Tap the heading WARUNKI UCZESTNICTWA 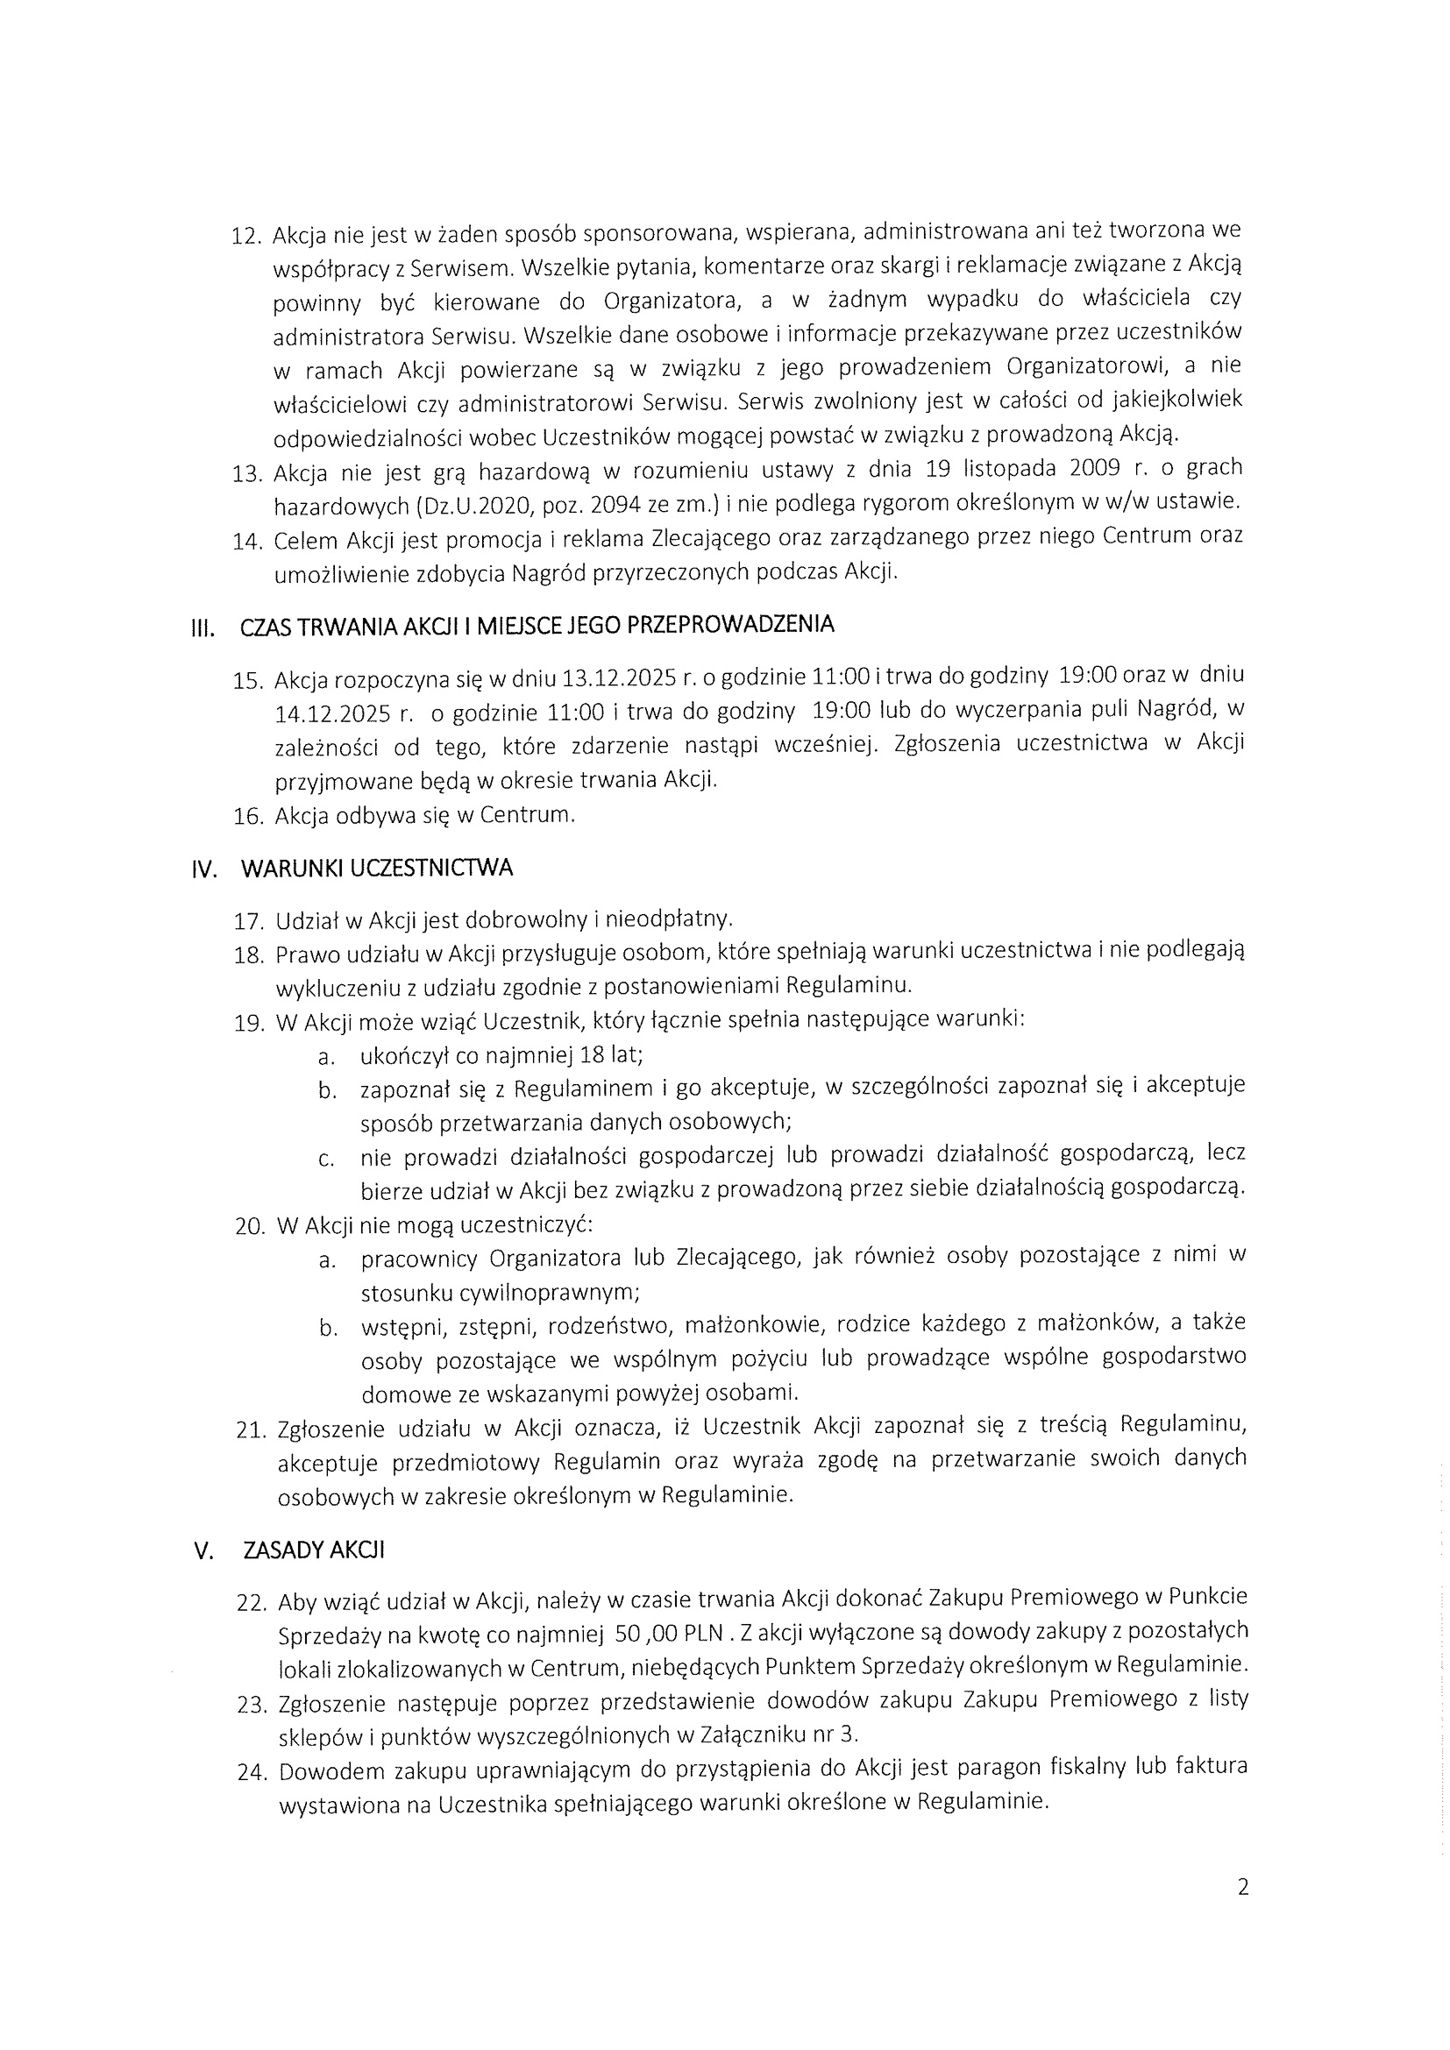coord(377,869)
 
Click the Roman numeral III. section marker coord(203,629)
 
